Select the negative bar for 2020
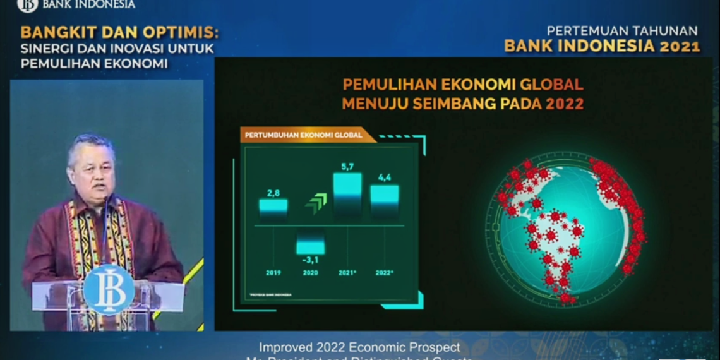(310, 243)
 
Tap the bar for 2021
(347, 195)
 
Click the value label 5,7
(347, 166)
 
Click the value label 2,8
(273, 191)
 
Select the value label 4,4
(384, 177)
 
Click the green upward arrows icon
(316, 203)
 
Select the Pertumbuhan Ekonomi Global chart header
(303, 135)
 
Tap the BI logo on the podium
(109, 289)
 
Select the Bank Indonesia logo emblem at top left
(27, 5)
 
